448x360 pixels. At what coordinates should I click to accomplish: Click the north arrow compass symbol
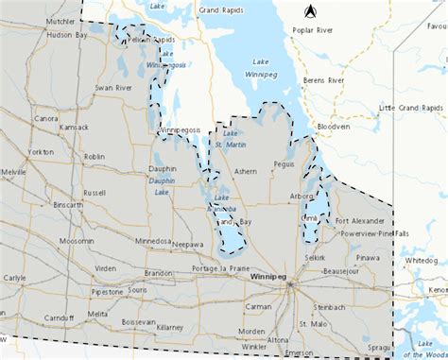click(x=310, y=11)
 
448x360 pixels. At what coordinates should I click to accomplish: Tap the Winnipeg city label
click(x=270, y=276)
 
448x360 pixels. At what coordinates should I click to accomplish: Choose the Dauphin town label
click(x=163, y=169)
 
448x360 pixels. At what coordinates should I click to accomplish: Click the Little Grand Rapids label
click(x=408, y=109)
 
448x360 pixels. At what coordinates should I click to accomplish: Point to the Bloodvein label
click(x=333, y=126)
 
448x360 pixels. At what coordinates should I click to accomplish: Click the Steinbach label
click(x=330, y=307)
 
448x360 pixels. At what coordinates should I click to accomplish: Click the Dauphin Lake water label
click(x=162, y=186)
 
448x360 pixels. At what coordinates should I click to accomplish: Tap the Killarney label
click(x=170, y=326)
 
